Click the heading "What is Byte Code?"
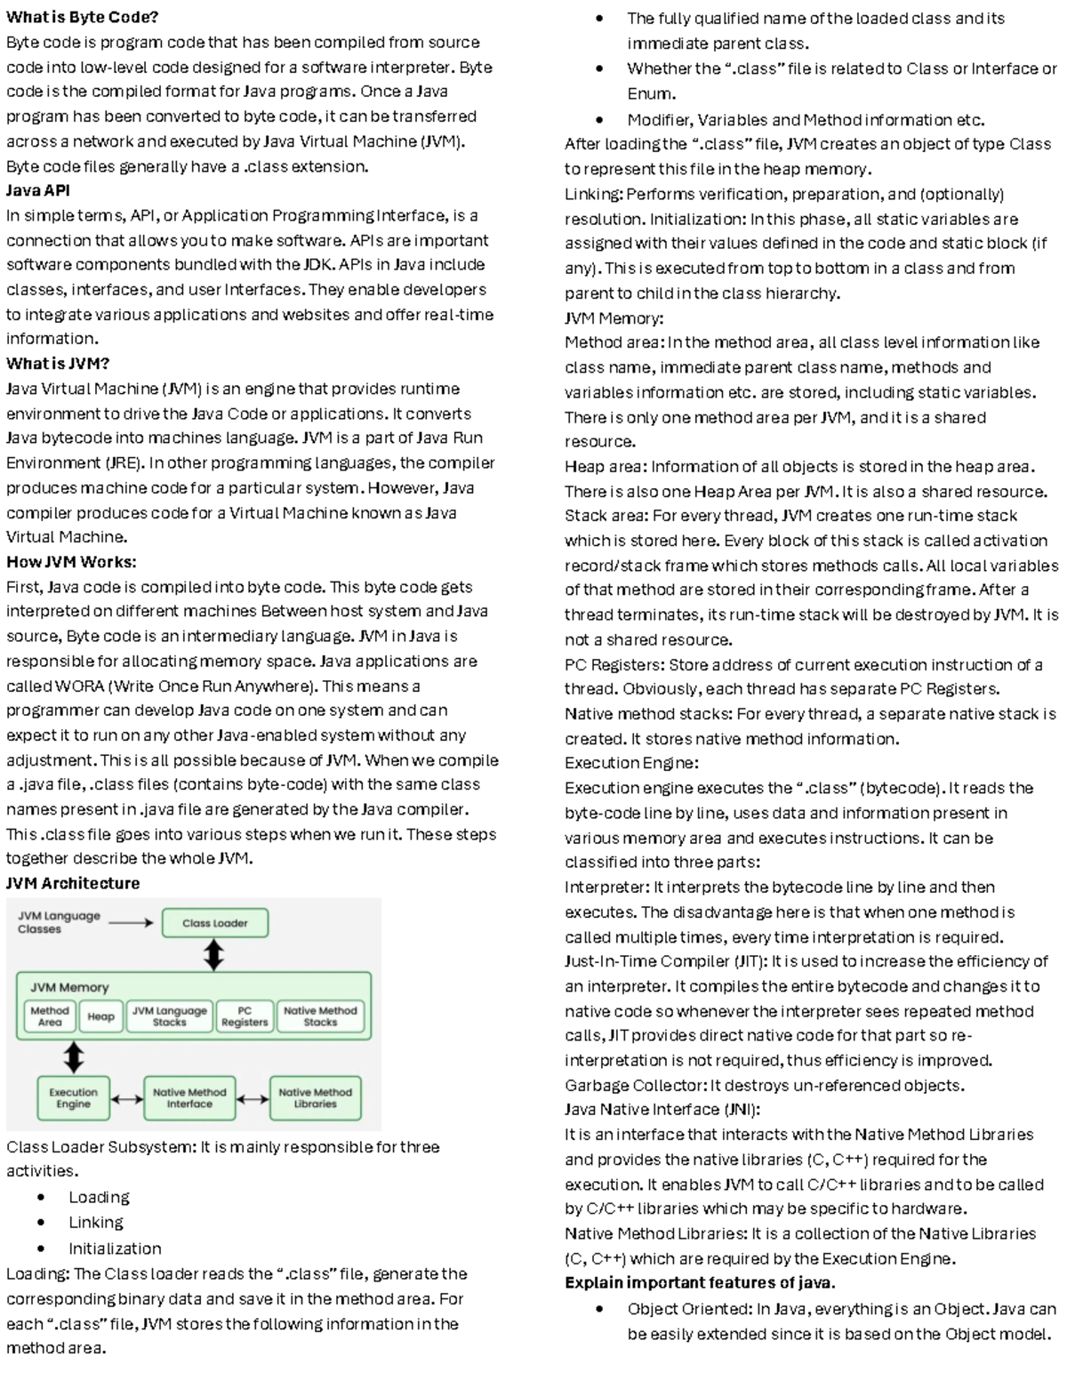pos(82,17)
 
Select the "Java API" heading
pos(38,190)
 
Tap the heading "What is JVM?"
pos(58,364)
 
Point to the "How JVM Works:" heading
pos(71,562)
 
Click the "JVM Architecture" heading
pos(73,883)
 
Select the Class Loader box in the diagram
pos(214,923)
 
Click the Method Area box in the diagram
pos(49,1016)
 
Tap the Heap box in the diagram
pos(100,1016)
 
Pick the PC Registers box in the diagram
pos(245,1016)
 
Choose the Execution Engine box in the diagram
pos(73,1098)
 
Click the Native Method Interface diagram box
pos(189,1098)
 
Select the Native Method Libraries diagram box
pos(315,1098)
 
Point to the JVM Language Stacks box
pos(169,1016)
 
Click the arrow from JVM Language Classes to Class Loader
pos(131,923)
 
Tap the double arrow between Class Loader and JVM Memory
pos(213,955)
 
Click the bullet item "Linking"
pos(96,1223)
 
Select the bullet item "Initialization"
pos(115,1249)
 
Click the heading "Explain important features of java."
pos(700,1282)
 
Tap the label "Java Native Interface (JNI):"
pos(662,1110)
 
